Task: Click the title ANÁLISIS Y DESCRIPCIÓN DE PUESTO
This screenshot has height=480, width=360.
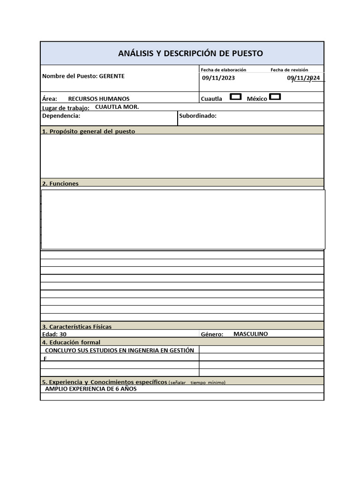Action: (x=190, y=53)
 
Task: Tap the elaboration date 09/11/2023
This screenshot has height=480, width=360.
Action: (x=218, y=78)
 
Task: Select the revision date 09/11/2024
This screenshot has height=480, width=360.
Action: (x=304, y=78)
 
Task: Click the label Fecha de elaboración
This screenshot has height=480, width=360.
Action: (x=223, y=69)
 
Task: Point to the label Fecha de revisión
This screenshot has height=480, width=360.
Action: (x=289, y=69)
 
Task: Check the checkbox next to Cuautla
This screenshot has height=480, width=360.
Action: (x=236, y=97)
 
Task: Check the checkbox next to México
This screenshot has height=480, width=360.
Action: (x=276, y=97)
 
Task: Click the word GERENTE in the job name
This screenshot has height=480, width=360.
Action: (x=112, y=76)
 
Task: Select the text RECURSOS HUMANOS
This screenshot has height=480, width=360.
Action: (x=99, y=99)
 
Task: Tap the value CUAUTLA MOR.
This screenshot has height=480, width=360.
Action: (x=117, y=107)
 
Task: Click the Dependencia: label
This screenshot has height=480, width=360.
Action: (x=61, y=116)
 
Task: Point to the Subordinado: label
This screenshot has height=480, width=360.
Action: (x=198, y=116)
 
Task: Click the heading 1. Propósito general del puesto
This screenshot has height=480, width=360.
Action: (x=89, y=131)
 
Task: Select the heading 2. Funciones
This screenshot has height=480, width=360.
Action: (x=60, y=183)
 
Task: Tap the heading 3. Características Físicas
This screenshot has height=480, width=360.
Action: (x=77, y=326)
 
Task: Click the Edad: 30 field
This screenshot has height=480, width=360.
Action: (x=54, y=334)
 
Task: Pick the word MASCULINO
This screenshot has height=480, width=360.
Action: (x=250, y=334)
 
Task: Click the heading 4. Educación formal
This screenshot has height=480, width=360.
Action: (x=71, y=342)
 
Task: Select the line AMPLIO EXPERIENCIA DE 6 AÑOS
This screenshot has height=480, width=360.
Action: (x=91, y=389)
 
